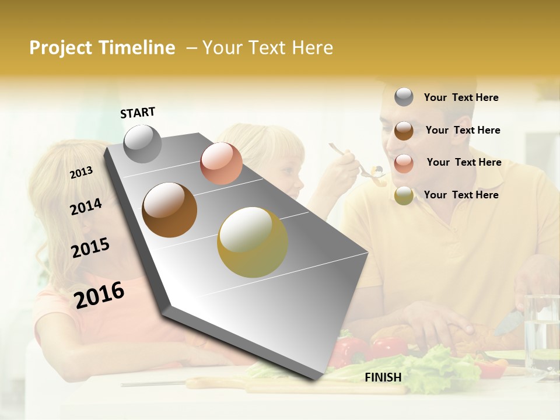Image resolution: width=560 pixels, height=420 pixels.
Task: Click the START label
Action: click(138, 113)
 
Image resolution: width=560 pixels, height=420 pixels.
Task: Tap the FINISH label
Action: click(383, 377)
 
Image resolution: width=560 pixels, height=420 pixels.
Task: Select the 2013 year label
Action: click(81, 173)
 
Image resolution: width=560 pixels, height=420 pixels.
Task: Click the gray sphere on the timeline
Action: click(142, 143)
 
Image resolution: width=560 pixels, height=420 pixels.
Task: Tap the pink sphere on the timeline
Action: click(221, 163)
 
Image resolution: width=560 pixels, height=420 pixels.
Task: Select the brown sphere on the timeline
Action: click(169, 210)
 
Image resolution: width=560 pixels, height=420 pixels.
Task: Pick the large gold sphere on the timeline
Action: click(253, 242)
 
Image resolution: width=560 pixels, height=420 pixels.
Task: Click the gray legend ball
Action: click(404, 97)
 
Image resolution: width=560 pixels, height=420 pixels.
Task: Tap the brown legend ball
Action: click(404, 130)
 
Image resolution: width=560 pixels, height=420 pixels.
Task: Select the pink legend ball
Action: click(404, 163)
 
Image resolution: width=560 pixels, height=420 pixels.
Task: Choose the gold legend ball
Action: click(404, 195)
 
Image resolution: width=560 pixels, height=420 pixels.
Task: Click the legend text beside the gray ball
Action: click(461, 97)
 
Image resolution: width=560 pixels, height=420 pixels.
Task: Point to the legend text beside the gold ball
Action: click(461, 195)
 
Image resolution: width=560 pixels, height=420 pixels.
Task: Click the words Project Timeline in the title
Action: click(102, 48)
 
